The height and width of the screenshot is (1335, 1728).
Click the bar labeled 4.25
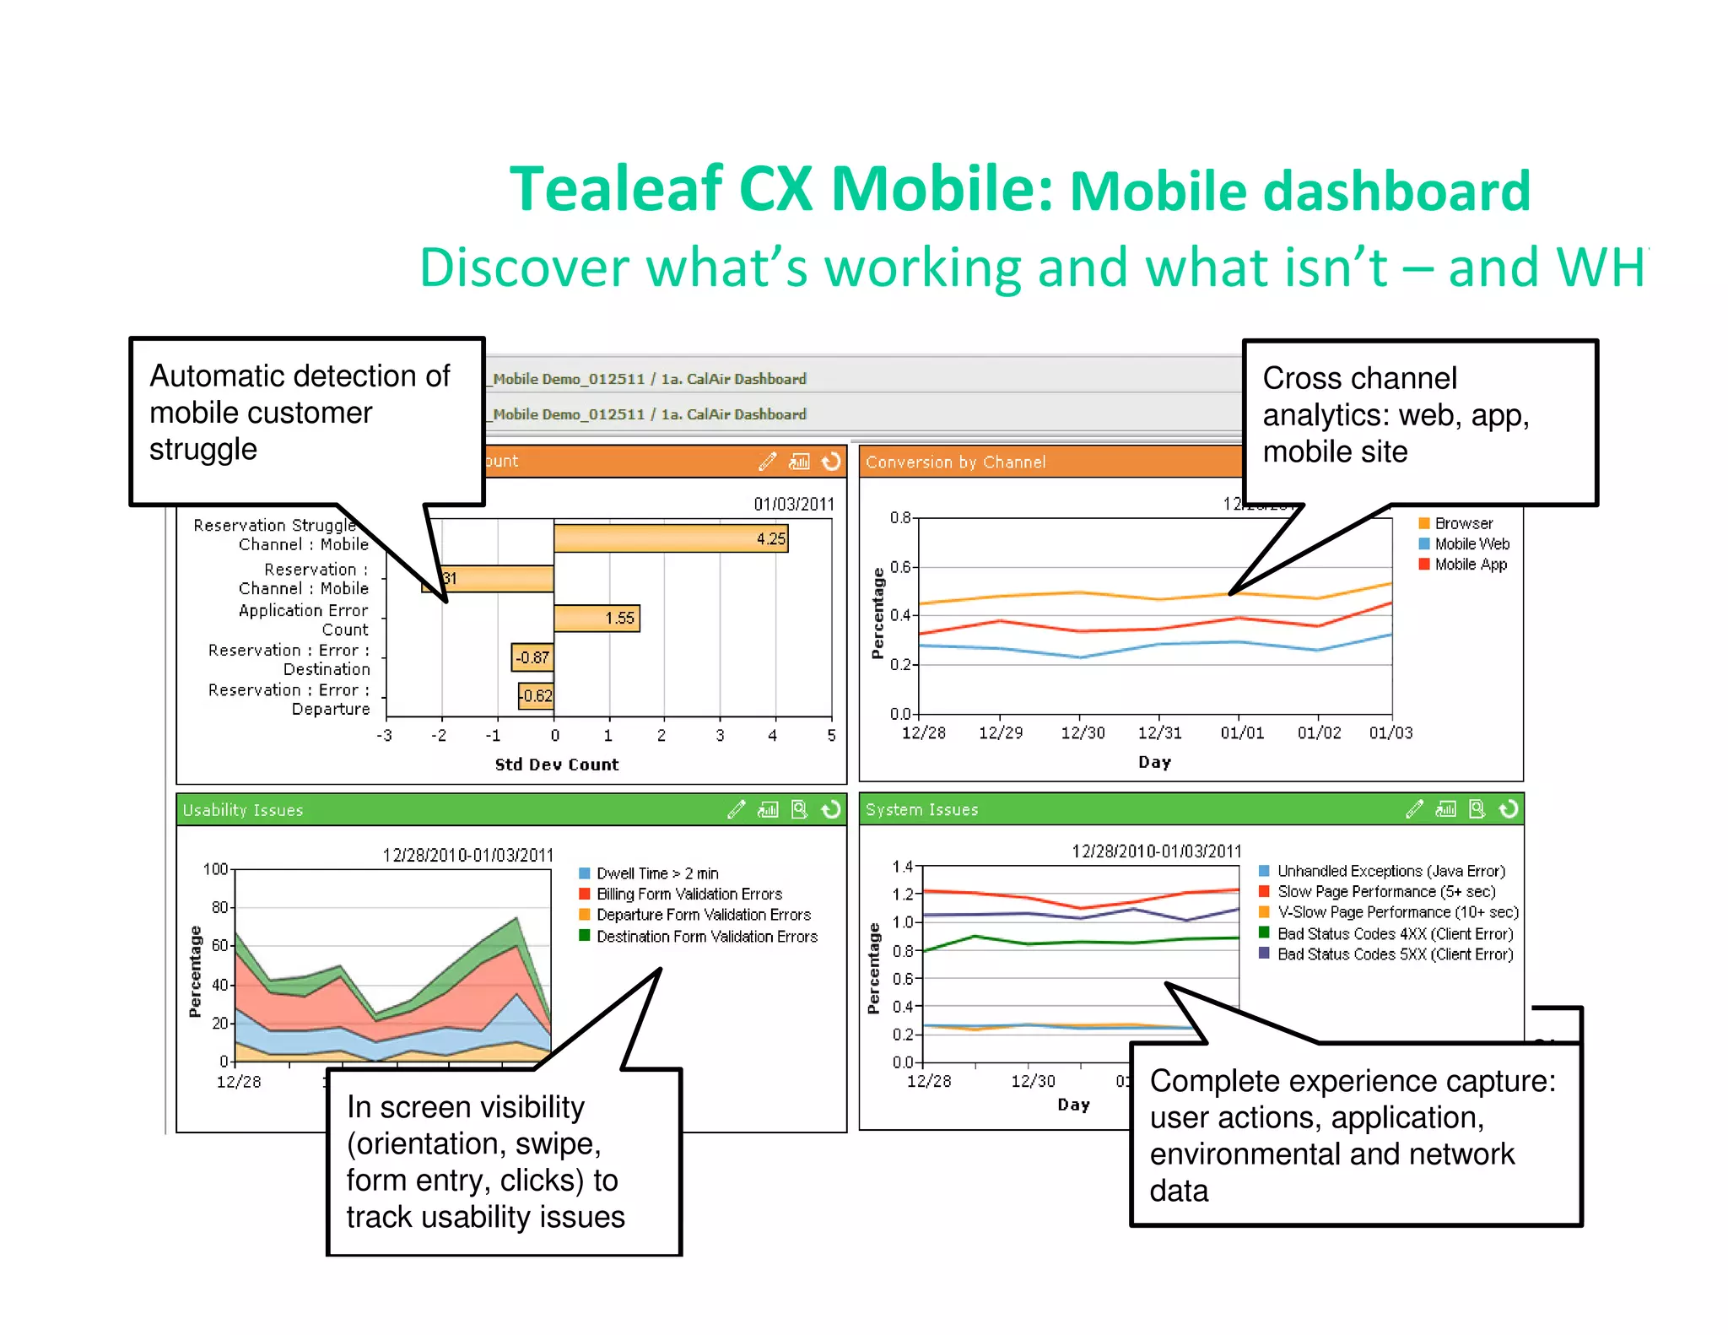[x=671, y=538]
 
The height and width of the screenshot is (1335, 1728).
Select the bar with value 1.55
[x=597, y=618]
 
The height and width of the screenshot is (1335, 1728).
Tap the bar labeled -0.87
[x=532, y=657]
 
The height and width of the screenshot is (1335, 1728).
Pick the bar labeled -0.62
[x=536, y=696]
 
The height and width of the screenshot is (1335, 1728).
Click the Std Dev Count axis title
[x=556, y=765]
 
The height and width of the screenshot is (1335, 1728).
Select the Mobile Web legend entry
[x=1471, y=544]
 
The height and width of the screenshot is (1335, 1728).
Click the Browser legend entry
[x=1463, y=523]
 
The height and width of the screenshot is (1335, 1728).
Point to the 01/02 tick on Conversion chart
[x=1319, y=732]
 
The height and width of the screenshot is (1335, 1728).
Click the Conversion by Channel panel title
[x=955, y=462]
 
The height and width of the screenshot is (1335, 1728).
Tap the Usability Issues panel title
[x=243, y=810]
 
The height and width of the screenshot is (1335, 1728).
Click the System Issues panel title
[x=921, y=809]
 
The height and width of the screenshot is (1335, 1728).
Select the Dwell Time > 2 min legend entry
[x=656, y=873]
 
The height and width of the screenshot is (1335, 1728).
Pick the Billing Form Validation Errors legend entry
[x=688, y=894]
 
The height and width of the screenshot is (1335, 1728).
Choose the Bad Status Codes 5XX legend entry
[x=1394, y=954]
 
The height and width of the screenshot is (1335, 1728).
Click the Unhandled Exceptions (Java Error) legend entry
[x=1390, y=871]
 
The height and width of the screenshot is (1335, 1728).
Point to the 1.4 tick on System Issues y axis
[x=902, y=867]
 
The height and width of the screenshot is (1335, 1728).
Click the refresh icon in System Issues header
[x=1508, y=809]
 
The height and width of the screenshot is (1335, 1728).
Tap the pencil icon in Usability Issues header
[x=737, y=810]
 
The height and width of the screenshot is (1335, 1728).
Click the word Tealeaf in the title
[x=617, y=189]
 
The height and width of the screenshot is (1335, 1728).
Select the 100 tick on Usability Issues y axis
[x=215, y=869]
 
